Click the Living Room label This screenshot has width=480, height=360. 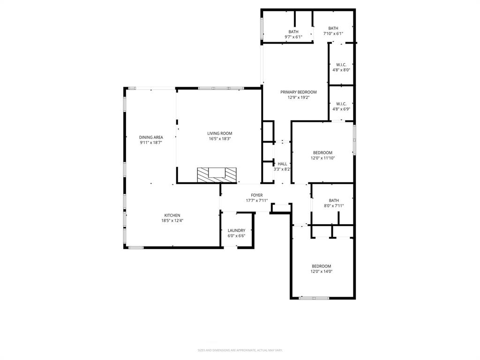(220, 134)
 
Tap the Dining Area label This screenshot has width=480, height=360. (151, 137)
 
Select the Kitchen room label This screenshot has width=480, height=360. (172, 216)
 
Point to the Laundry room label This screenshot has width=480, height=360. (236, 231)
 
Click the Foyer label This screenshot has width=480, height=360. (257, 195)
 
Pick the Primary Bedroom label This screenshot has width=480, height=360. (299, 92)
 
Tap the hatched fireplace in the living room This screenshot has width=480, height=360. (217, 175)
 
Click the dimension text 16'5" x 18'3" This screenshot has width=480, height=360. (220, 139)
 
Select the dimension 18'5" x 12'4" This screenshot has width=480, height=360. (172, 220)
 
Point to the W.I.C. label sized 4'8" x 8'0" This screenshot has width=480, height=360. (341, 65)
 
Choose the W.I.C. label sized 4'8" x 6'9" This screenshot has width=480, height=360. (341, 104)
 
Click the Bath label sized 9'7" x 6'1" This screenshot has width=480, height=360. (293, 32)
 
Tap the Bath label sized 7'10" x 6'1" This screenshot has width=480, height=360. (333, 29)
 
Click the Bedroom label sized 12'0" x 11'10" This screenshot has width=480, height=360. (322, 153)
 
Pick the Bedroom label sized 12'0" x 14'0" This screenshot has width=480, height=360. (322, 266)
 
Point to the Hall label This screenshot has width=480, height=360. (282, 164)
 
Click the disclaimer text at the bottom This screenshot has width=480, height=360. (240, 350)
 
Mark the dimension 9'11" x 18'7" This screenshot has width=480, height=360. (151, 142)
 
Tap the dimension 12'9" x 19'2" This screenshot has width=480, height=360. (299, 97)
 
